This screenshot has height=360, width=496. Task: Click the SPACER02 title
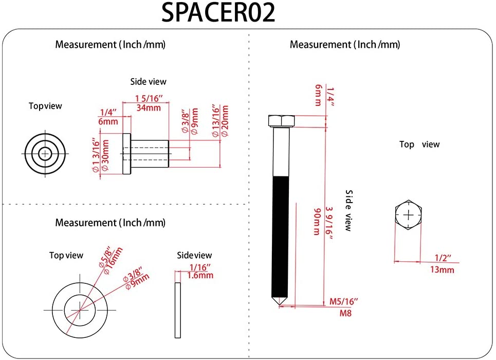[218, 13]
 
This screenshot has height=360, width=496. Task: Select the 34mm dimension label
[148, 107]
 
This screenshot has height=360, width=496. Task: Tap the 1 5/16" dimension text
[149, 98]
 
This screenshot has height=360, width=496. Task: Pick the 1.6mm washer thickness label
[200, 275]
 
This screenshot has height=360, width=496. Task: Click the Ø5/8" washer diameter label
[105, 256]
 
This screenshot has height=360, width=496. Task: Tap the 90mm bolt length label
[317, 221]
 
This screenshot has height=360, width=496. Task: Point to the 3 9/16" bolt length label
[329, 221]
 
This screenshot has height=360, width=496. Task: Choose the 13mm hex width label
[442, 269]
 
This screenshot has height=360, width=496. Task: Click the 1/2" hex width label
[443, 257]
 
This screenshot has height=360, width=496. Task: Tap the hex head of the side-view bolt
[281, 121]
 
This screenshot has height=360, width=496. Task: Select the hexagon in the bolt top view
[409, 215]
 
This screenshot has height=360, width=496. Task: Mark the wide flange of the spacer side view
[126, 154]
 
